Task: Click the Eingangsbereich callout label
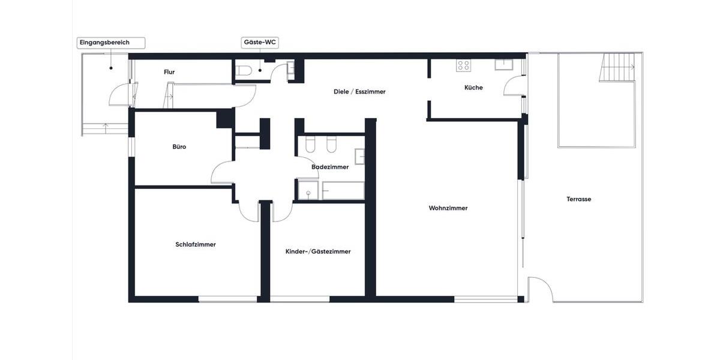coord(104,43)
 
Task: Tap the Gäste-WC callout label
coord(260,43)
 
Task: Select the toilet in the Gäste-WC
coord(244,71)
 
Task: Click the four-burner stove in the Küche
coord(463,65)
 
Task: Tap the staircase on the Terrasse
coord(617,67)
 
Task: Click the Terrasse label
coord(578,199)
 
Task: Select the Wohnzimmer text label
coord(448,208)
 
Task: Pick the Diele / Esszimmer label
coord(359,92)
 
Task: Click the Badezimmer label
coord(330,167)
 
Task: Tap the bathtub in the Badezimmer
coord(343,191)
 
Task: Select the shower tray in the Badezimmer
coord(308,191)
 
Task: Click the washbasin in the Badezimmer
coord(359,157)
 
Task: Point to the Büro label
coord(179,146)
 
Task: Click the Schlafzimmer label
coord(196,244)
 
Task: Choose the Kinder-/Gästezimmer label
coord(318,251)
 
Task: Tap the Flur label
coord(169,72)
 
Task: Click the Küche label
coord(473,88)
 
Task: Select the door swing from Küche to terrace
coord(514,86)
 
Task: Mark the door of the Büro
coord(222,173)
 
